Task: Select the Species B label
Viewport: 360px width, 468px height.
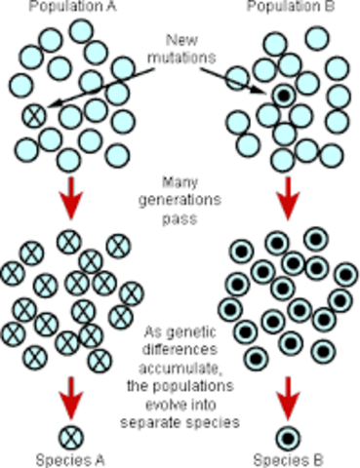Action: [x=286, y=459]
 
